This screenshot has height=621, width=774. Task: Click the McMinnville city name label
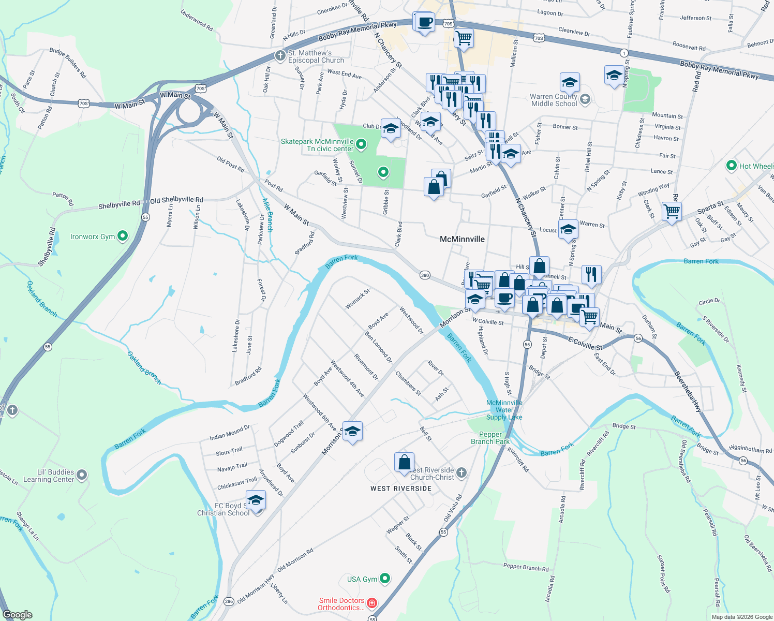[462, 239]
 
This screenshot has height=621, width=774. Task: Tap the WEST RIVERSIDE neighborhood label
[401, 489]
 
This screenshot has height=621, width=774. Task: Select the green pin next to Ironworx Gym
[123, 236]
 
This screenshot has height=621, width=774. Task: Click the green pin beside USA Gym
[385, 579]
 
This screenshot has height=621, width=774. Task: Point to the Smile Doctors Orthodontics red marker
[372, 603]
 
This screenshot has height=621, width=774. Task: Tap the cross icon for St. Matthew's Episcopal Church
[280, 55]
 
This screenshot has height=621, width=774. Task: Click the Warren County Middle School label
[554, 100]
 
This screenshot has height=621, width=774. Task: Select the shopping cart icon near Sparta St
[672, 211]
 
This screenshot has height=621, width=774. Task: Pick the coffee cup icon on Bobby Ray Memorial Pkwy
[424, 22]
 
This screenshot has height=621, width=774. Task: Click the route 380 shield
[425, 275]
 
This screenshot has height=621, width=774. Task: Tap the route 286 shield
[229, 601]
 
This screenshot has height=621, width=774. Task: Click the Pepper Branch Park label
[490, 438]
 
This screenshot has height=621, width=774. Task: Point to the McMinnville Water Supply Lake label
[504, 410]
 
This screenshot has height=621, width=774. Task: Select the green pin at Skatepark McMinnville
[362, 144]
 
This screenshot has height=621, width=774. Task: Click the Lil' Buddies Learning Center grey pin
[82, 475]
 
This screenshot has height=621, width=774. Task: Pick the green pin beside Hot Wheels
[732, 166]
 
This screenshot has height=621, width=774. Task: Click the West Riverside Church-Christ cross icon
[462, 472]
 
